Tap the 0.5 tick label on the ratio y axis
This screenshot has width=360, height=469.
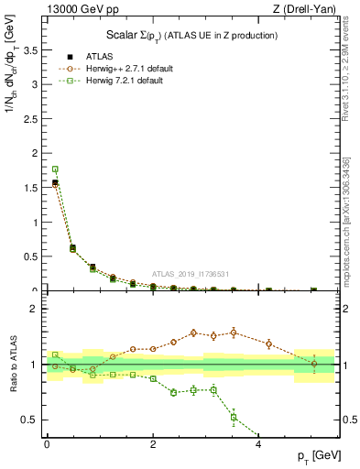tap(33, 420)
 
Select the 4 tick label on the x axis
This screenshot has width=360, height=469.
tap(259, 444)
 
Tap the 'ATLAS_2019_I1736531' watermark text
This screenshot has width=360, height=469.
tap(191, 273)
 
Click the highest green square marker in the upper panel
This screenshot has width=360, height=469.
tap(55, 169)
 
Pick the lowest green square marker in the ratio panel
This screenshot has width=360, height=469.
tap(234, 417)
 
